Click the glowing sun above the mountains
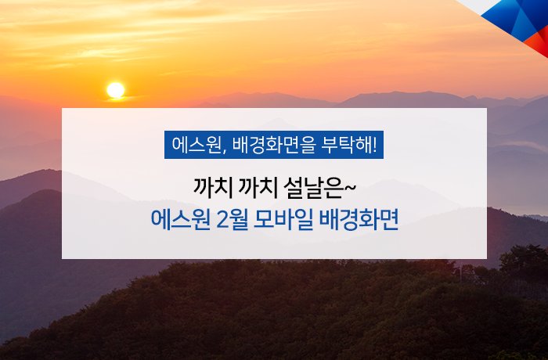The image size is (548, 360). click(x=116, y=90)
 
